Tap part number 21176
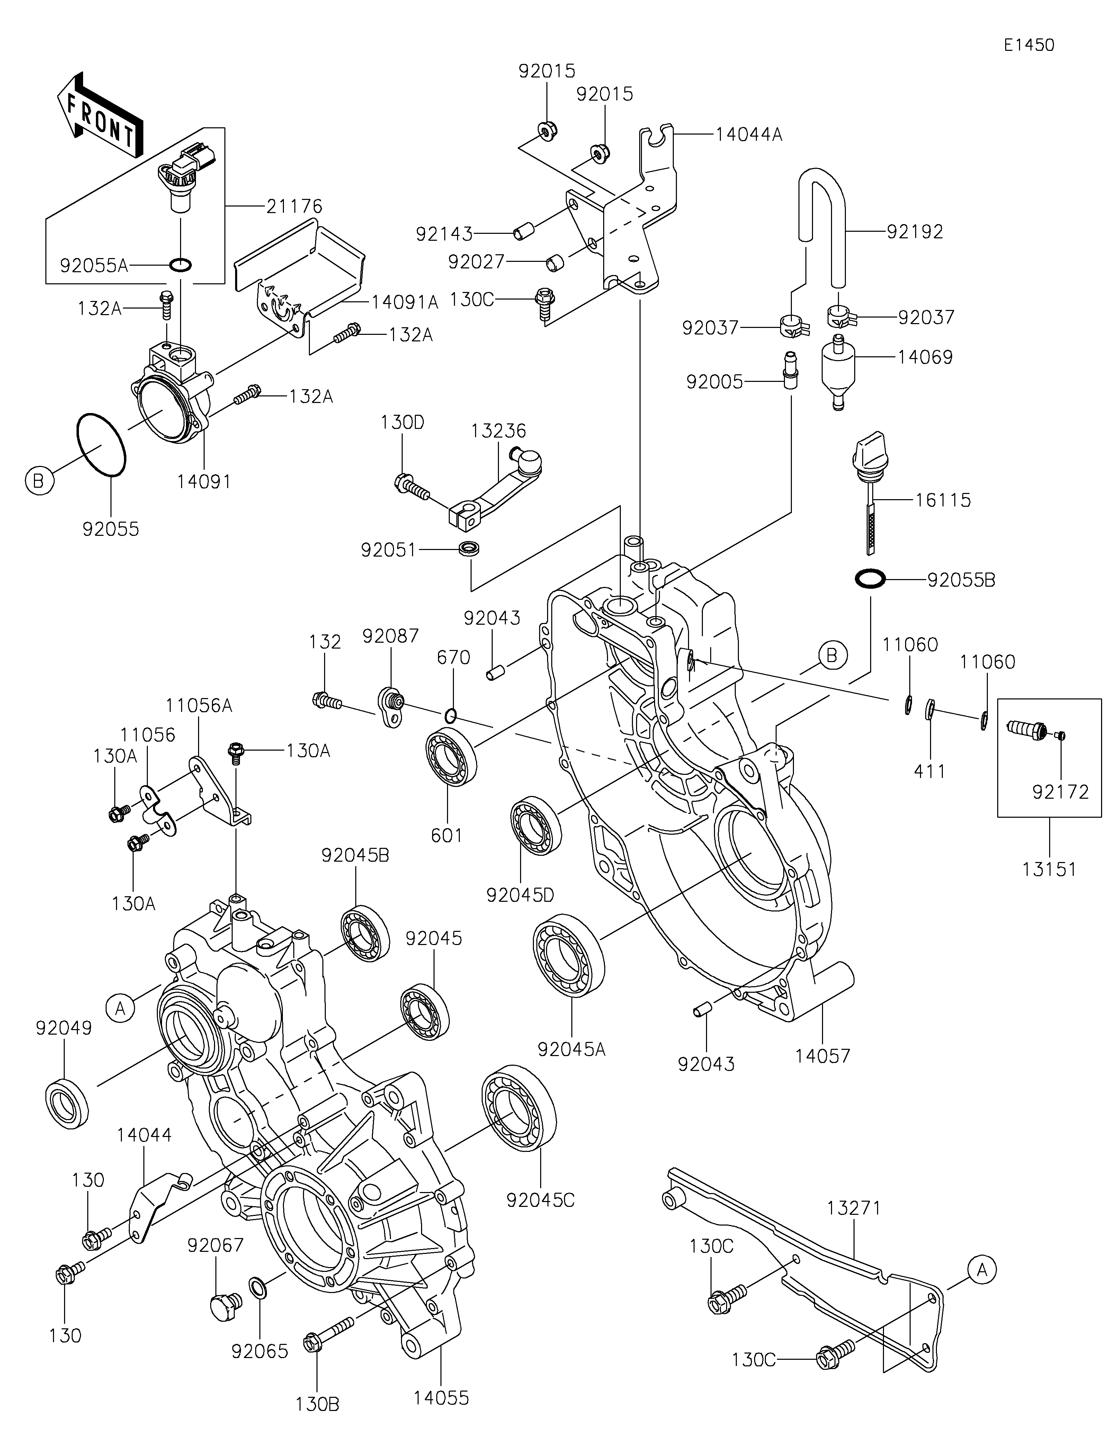coord(294,206)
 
